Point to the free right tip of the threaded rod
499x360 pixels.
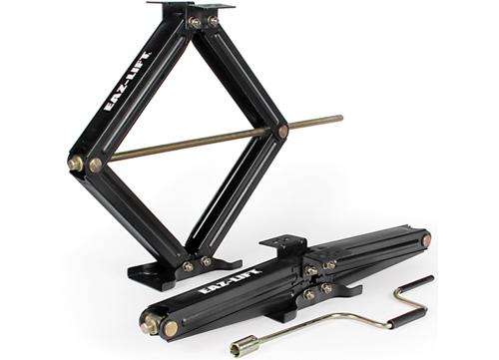pyautogui.click(x=339, y=119)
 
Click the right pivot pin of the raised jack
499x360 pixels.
pyautogui.click(x=282, y=130)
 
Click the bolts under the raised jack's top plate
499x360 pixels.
pyautogui.click(x=204, y=21)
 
